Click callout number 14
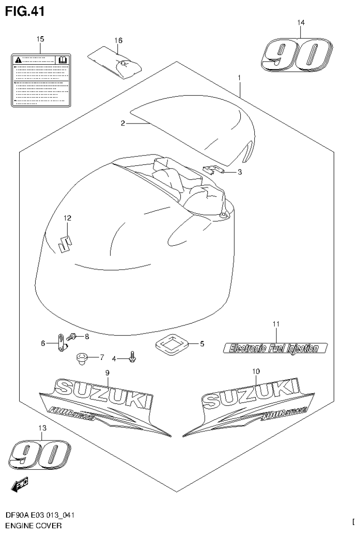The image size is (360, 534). click(x=301, y=23)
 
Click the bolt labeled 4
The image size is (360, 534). click(x=132, y=358)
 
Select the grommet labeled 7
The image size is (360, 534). click(x=82, y=360)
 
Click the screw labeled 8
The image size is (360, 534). click(x=72, y=336)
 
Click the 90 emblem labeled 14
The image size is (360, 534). click(x=297, y=55)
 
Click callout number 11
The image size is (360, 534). click(x=276, y=324)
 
